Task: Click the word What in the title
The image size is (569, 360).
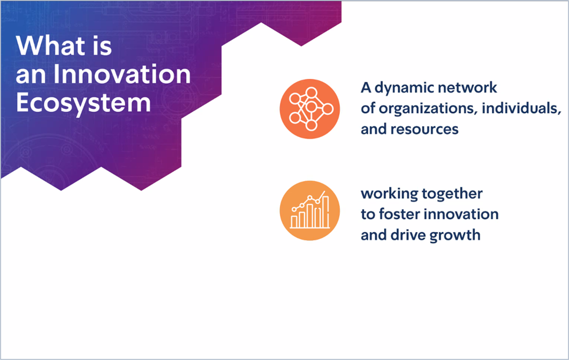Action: pos(51,46)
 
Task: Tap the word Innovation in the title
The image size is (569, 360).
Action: pos(122,74)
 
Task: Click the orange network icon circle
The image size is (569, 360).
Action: pos(310,109)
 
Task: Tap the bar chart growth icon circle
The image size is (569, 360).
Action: pos(310,210)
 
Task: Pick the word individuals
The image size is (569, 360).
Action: pos(521,108)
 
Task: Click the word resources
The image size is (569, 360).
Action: pos(425,129)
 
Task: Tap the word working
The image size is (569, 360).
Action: pos(390,194)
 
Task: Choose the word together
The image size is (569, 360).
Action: pos(452,194)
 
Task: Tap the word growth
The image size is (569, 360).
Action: pos(455,236)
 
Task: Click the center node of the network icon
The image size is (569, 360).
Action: pos(311,107)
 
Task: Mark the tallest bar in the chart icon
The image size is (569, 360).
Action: pos(326,212)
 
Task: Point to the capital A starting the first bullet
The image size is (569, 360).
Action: pos(366,88)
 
